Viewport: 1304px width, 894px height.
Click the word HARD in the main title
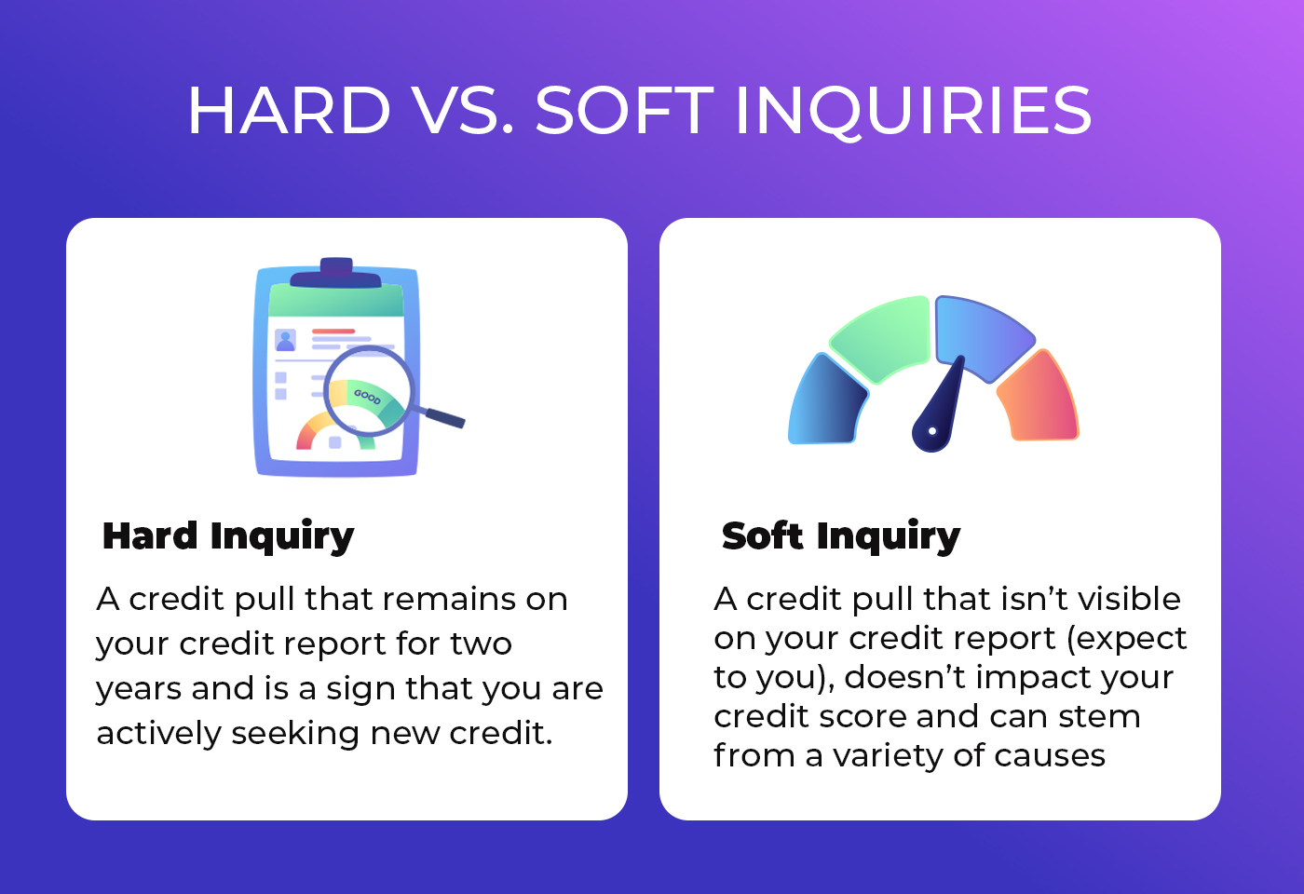click(x=289, y=110)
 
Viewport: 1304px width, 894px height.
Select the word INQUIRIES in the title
click(x=914, y=112)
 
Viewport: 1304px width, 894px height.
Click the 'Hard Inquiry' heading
click(x=228, y=536)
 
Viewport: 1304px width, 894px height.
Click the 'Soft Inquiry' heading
click(x=840, y=536)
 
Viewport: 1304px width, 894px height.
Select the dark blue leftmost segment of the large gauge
click(x=827, y=400)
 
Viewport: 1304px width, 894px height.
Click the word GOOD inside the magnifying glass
click(x=367, y=397)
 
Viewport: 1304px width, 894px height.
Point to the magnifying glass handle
click(x=444, y=417)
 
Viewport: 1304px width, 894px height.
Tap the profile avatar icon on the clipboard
click(x=285, y=340)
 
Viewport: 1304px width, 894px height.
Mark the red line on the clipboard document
click(x=333, y=332)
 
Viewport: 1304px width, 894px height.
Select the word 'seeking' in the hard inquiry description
click(x=295, y=734)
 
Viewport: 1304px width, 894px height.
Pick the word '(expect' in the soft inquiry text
click(x=1126, y=639)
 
